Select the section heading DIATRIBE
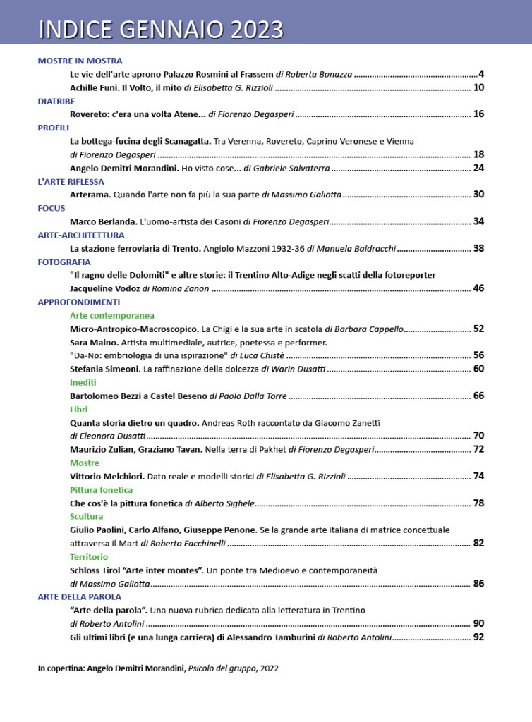pyautogui.click(x=56, y=101)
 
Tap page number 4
pyautogui.click(x=480, y=74)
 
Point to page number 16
pyautogui.click(x=478, y=114)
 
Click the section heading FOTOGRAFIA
pyautogui.click(x=64, y=262)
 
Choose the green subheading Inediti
pyautogui.click(x=83, y=382)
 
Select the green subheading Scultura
pyautogui.click(x=86, y=516)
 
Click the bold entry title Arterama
pyautogui.click(x=91, y=195)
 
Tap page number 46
pyautogui.click(x=478, y=288)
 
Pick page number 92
pyautogui.click(x=478, y=637)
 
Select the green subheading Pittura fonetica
pyautogui.click(x=101, y=489)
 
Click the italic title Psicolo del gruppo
pyautogui.click(x=222, y=668)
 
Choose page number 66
pyautogui.click(x=478, y=396)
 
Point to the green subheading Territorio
pyautogui.click(x=89, y=556)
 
